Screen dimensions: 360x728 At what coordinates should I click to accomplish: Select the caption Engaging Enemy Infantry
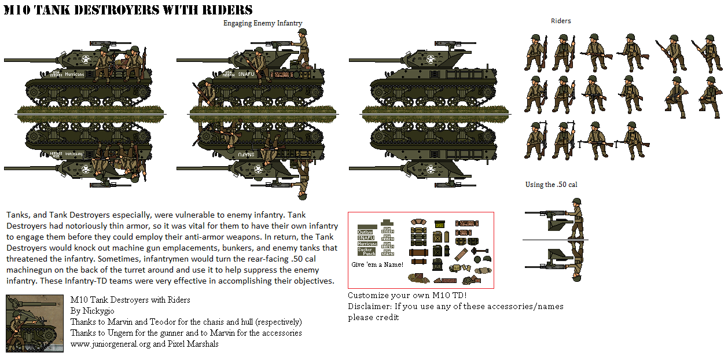[263, 23]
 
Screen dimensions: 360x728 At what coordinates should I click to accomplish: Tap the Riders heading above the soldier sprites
[560, 21]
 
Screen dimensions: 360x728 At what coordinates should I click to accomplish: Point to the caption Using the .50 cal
[551, 185]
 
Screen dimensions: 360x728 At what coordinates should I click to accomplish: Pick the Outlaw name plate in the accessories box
[366, 232]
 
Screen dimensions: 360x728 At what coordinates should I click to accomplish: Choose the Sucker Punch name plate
[366, 251]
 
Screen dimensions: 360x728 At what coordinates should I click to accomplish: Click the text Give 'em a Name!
[377, 265]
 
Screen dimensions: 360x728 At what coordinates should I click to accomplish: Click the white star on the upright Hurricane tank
[85, 58]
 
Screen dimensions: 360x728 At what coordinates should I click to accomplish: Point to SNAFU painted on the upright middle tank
[245, 74]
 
